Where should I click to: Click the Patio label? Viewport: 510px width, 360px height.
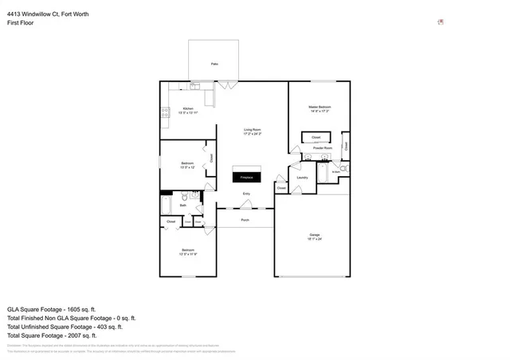pyautogui.click(x=214, y=64)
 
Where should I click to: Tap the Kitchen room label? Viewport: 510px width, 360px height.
pyautogui.click(x=188, y=108)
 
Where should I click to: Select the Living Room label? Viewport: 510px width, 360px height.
pyautogui.click(x=252, y=130)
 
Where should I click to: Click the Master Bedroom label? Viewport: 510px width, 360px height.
pyautogui.click(x=320, y=107)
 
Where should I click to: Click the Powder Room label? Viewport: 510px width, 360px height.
pyautogui.click(x=323, y=148)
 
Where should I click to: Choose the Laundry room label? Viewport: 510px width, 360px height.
pyautogui.click(x=303, y=178)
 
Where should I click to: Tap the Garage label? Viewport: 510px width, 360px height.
pyautogui.click(x=315, y=234)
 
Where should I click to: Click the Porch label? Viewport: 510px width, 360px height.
pyautogui.click(x=245, y=219)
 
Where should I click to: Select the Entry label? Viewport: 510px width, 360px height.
pyautogui.click(x=246, y=194)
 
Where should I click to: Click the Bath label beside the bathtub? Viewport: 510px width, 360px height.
pyautogui.click(x=182, y=205)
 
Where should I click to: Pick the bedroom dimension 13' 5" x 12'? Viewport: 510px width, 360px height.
pyautogui.click(x=187, y=167)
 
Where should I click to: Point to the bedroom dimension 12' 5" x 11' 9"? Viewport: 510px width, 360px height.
pyautogui.click(x=187, y=253)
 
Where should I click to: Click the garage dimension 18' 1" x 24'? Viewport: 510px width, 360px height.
pyautogui.click(x=315, y=239)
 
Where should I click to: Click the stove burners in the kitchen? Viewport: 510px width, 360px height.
pyautogui.click(x=165, y=113)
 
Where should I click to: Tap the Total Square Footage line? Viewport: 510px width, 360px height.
pyautogui.click(x=52, y=335)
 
